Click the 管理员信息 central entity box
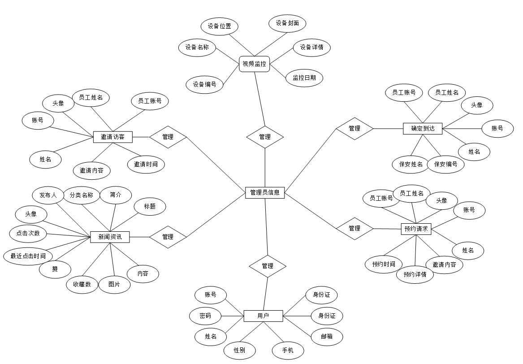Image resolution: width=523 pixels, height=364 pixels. pyautogui.click(x=265, y=193)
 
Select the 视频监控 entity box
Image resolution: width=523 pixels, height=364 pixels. pyautogui.click(x=254, y=64)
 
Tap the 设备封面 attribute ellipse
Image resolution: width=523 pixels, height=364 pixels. pyautogui.click(x=287, y=23)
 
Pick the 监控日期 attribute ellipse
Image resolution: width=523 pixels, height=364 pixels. pyautogui.click(x=304, y=78)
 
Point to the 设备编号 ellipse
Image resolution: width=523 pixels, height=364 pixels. pyautogui.click(x=205, y=84)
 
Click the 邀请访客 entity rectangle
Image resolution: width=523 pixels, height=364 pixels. pyautogui.click(x=112, y=137)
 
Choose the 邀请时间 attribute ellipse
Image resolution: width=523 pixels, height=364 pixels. pyautogui.click(x=146, y=164)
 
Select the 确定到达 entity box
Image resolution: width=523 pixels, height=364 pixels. pyautogui.click(x=423, y=129)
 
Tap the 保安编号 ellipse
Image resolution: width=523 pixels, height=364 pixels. pyautogui.click(x=445, y=164)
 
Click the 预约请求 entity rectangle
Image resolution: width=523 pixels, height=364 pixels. pyautogui.click(x=416, y=229)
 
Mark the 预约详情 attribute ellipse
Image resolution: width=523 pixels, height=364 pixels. pyautogui.click(x=415, y=274)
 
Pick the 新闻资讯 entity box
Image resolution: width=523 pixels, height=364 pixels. pyautogui.click(x=110, y=237)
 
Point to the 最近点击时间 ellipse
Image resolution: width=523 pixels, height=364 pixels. pyautogui.click(x=28, y=256)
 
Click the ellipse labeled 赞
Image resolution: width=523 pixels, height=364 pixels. pyautogui.click(x=55, y=269)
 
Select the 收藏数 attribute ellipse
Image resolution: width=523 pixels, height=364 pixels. pyautogui.click(x=82, y=284)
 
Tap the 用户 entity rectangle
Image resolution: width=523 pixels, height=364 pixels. pyautogui.click(x=263, y=316)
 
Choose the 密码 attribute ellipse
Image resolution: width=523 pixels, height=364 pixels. pyautogui.click(x=205, y=316)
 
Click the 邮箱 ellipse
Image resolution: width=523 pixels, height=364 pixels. pyautogui.click(x=327, y=337)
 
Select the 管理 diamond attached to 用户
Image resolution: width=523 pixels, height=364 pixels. pyautogui.click(x=268, y=266)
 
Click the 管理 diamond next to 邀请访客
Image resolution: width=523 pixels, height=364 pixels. pyautogui.click(x=168, y=137)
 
